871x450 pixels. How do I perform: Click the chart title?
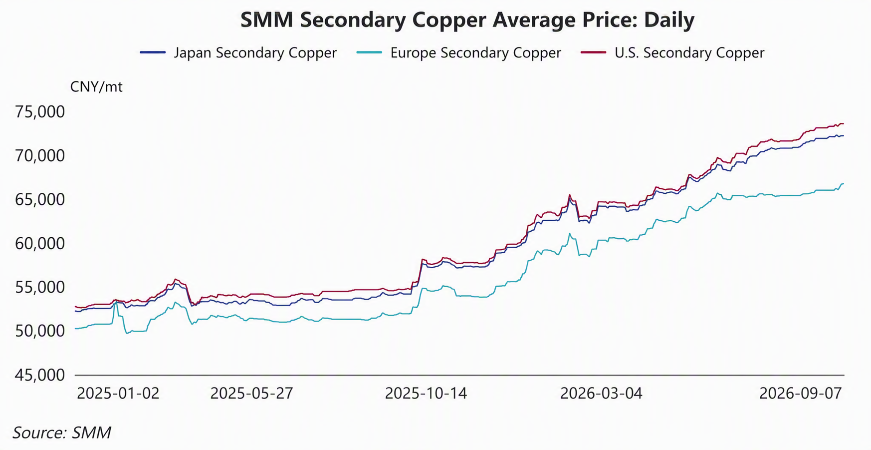pos(467,20)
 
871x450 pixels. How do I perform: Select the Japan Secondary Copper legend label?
pos(255,53)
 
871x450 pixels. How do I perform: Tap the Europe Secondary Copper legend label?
pos(475,53)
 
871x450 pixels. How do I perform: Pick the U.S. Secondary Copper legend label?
pos(689,53)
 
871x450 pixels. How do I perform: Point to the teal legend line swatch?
pos(370,52)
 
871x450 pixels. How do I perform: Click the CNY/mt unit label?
pos(96,87)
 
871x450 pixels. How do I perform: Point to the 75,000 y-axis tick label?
pos(40,112)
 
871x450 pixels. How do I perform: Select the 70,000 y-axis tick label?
pos(40,156)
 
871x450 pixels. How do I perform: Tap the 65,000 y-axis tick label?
pos(40,200)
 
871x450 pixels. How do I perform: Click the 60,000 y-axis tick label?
pos(40,244)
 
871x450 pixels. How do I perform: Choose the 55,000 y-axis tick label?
pos(40,287)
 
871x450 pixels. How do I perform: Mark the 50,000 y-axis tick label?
pos(40,331)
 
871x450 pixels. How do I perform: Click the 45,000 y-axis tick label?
pos(40,375)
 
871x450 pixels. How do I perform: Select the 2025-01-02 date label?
pos(118,394)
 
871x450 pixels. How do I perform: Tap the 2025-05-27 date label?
pos(251,394)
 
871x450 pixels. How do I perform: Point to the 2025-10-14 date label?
pos(426,394)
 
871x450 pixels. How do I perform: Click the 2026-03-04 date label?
pos(601,394)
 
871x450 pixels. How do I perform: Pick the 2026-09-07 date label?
pos(801,394)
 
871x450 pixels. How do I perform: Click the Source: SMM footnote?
pos(62,433)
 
